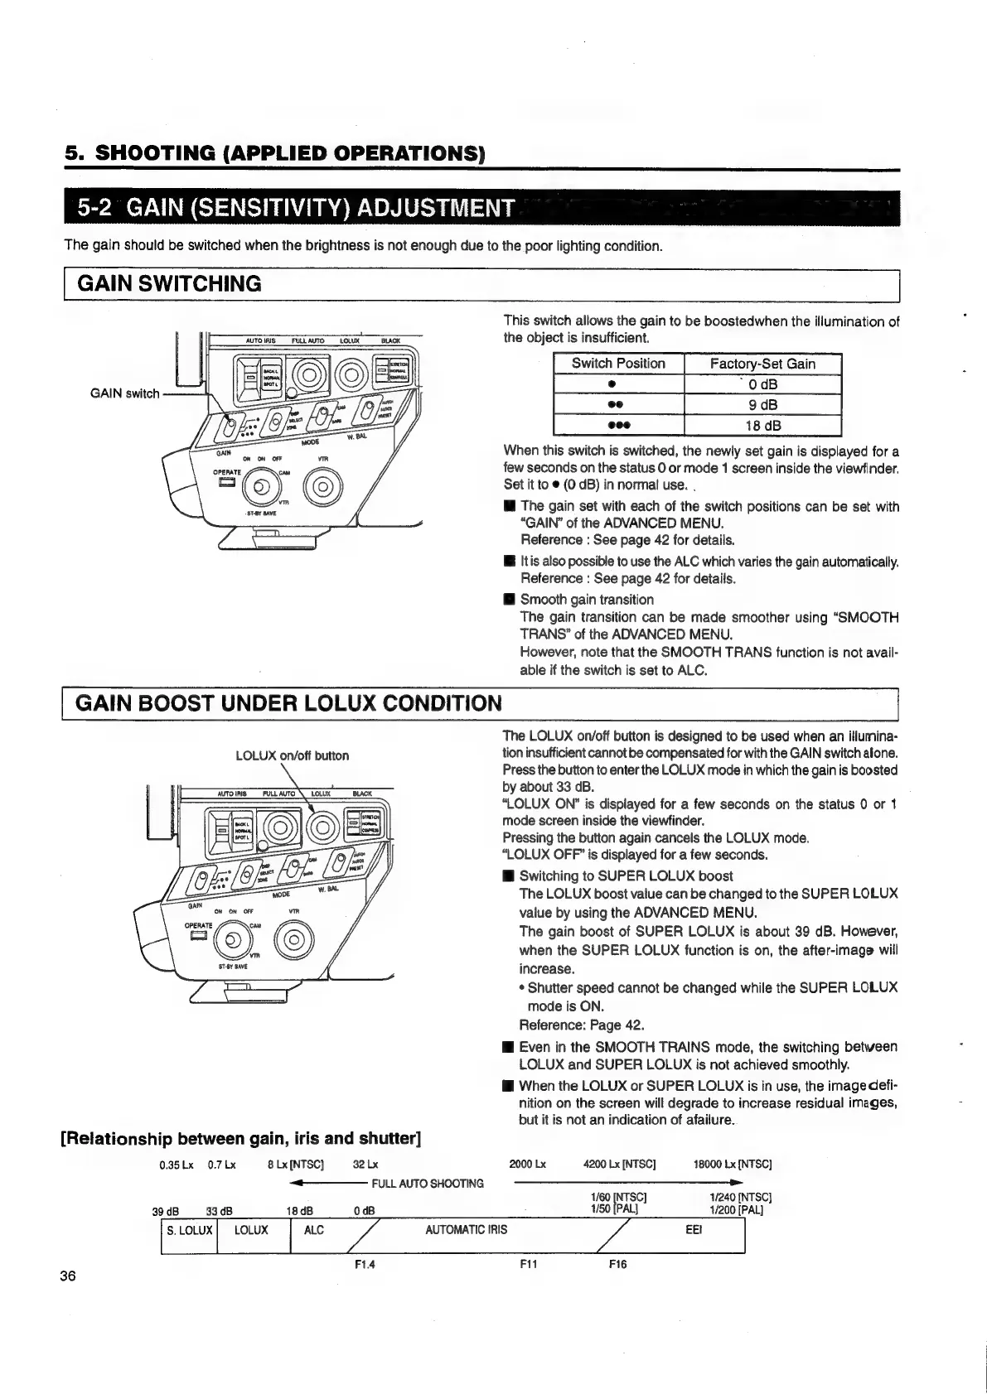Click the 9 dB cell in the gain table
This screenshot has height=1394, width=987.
click(762, 405)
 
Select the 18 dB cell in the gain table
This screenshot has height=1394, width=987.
click(762, 426)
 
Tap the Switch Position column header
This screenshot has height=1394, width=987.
click(618, 364)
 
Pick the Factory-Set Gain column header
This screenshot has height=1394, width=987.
click(762, 364)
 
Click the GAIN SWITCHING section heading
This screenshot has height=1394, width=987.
click(169, 284)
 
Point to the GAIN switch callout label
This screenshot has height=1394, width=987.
click(124, 393)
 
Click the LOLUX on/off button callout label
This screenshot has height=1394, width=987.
click(293, 755)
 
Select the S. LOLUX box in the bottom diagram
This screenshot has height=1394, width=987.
click(189, 1230)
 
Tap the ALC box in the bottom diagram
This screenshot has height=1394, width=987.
click(314, 1230)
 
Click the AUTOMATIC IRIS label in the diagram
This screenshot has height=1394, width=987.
click(466, 1230)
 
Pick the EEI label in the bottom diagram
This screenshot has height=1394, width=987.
click(694, 1230)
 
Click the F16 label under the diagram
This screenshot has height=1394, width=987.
click(617, 1265)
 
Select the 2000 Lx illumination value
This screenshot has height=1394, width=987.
click(528, 1164)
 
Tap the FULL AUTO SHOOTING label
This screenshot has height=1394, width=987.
click(428, 1183)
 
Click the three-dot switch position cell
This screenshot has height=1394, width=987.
click(618, 426)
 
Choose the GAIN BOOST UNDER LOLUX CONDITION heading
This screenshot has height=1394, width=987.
click(289, 703)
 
